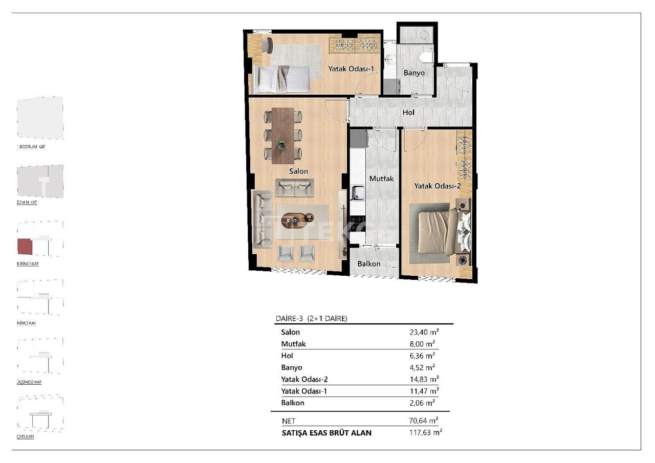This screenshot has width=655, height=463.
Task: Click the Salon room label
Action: [298, 171]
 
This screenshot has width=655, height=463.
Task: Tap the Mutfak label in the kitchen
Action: [382, 179]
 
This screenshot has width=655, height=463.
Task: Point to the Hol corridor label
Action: [408, 113]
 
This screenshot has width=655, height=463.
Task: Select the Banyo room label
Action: [414, 73]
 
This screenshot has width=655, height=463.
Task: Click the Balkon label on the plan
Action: [369, 263]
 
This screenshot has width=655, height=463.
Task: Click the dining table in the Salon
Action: [282, 135]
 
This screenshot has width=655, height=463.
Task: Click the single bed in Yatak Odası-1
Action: [281, 79]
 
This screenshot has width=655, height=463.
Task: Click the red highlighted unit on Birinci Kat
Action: [25, 246]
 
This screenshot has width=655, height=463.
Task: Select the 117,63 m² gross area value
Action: [422, 432]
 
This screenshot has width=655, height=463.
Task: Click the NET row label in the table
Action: [289, 421]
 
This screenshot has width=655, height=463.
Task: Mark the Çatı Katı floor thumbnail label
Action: [26, 437]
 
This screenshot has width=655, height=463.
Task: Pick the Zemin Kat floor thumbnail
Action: [40, 181]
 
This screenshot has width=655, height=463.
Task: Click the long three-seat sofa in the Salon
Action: [263, 219]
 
